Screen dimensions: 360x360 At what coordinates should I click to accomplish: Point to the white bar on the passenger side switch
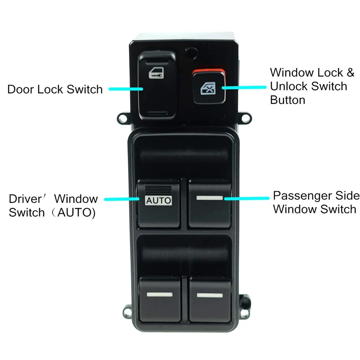point(210,198)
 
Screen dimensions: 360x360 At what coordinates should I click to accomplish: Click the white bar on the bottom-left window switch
point(159,295)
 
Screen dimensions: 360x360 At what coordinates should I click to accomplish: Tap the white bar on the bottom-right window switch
point(210,295)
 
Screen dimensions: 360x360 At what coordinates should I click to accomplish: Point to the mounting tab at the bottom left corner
point(127,310)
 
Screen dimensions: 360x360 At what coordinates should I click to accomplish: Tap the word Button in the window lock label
point(288,100)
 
